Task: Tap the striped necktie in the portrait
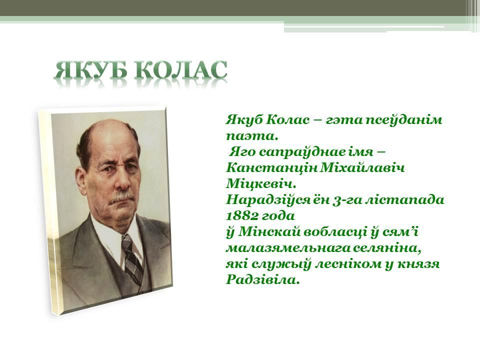click(132, 260)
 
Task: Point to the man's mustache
click(122, 198)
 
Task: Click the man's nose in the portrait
click(123, 180)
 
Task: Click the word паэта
click(252, 136)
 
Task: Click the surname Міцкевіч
click(261, 184)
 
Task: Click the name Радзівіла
click(262, 280)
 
